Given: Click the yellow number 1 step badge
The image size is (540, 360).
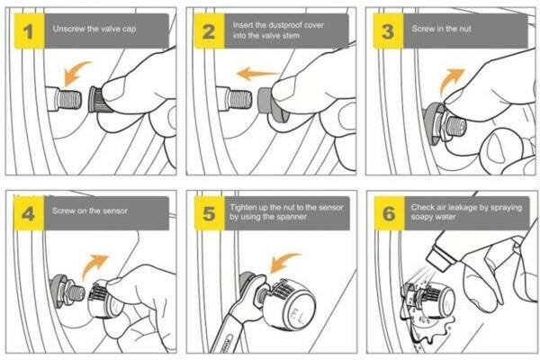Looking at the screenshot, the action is click(30, 31).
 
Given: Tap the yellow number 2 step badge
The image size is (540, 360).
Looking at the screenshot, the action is click(210, 31).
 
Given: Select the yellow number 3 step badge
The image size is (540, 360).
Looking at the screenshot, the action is click(388, 31).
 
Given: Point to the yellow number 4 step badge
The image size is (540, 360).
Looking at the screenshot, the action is click(29, 213).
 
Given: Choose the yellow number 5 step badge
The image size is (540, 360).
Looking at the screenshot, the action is click(210, 213).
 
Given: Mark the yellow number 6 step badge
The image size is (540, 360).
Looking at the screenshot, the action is click(389, 213).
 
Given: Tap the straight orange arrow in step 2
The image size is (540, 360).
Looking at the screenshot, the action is click(257, 74).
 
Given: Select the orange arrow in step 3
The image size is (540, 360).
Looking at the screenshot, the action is click(451, 81).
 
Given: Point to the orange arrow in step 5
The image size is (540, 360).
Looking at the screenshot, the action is click(283, 263).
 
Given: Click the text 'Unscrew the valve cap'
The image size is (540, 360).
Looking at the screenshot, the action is click(94, 29).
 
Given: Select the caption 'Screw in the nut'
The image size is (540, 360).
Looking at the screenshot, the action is click(442, 29).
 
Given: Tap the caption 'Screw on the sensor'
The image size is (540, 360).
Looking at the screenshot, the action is click(90, 211).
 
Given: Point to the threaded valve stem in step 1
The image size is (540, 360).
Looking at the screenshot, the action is click(70, 99).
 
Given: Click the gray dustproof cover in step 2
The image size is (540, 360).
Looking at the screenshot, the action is click(265, 101).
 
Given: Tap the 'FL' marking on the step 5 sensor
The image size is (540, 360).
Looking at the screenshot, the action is click(298, 316).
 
